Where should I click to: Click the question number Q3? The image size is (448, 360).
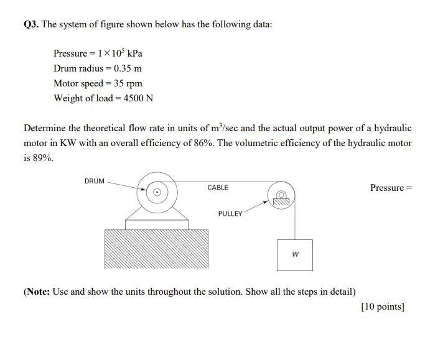click(31, 25)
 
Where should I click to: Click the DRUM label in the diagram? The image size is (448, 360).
click(95, 182)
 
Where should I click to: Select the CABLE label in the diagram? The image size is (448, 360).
click(218, 188)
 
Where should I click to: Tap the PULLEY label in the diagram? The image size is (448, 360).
click(230, 214)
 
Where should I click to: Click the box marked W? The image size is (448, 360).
click(295, 254)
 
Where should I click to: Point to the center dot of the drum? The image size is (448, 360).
click(157, 192)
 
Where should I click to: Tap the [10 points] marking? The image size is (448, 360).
click(383, 307)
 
